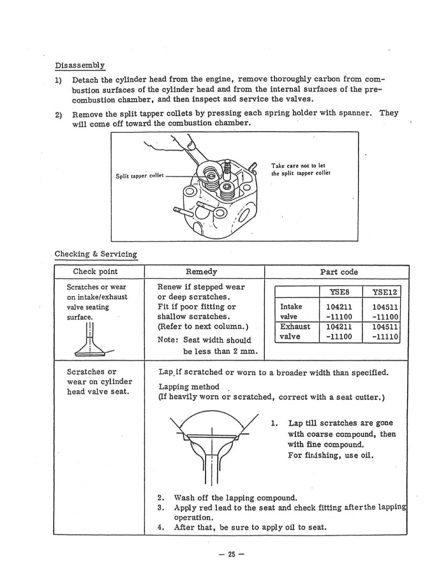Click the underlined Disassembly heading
click(x=80, y=65)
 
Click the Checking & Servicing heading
click(x=96, y=254)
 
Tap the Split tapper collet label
click(x=140, y=176)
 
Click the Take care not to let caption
click(x=298, y=166)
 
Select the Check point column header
click(x=95, y=272)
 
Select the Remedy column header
click(x=201, y=272)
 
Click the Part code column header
click(x=339, y=272)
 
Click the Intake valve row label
click(x=291, y=311)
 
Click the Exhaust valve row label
click(x=295, y=331)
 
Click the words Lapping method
click(x=189, y=387)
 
